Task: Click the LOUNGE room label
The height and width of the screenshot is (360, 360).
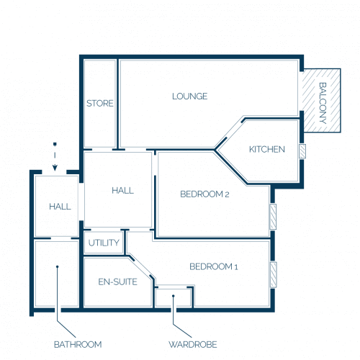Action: [190, 96]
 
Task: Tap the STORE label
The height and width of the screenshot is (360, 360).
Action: [100, 104]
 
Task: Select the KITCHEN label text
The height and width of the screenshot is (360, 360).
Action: [267, 149]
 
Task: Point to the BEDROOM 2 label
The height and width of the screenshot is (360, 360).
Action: [204, 194]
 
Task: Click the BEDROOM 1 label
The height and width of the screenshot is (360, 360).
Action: [214, 266]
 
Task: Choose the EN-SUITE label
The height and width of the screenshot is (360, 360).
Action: [118, 282]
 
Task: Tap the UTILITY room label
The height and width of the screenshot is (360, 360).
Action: [104, 243]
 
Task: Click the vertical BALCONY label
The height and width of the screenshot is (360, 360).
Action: [323, 103]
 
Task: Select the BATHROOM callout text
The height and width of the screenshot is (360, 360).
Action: [78, 345]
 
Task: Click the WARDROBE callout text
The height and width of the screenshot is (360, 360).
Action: [193, 345]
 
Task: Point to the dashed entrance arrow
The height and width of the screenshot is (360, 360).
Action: [55, 156]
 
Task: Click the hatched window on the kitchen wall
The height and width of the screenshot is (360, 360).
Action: [302, 151]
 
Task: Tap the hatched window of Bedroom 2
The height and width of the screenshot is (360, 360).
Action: [273, 217]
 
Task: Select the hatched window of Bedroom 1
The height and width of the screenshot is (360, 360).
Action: [274, 275]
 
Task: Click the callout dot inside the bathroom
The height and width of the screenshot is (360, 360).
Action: [58, 266]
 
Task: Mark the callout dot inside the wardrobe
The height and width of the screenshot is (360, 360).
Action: [174, 296]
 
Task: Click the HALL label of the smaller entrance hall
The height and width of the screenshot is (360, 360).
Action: [60, 207]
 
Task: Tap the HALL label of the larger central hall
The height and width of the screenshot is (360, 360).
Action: [122, 191]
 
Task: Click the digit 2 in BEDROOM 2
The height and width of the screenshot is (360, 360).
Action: [227, 194]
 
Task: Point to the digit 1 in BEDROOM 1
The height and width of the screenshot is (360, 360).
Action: [236, 267]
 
